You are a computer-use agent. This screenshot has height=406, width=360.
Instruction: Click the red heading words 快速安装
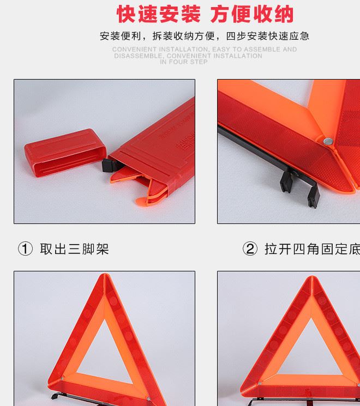tap(159, 14)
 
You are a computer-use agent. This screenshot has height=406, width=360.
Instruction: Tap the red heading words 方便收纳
tap(252, 14)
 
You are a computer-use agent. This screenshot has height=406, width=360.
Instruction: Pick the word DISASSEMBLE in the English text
tap(137, 56)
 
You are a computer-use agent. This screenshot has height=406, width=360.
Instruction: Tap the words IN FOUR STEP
tap(184, 62)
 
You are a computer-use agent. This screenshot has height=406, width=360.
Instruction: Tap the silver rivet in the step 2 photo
tap(327, 141)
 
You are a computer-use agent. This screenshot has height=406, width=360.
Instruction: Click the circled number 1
tap(25, 249)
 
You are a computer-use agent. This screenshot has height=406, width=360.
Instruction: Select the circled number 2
tap(249, 249)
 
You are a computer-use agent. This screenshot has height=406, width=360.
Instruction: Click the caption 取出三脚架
tap(74, 249)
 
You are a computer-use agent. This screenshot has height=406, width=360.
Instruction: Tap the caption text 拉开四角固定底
tap(311, 249)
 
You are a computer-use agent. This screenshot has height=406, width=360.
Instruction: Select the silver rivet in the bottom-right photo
tap(260, 383)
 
